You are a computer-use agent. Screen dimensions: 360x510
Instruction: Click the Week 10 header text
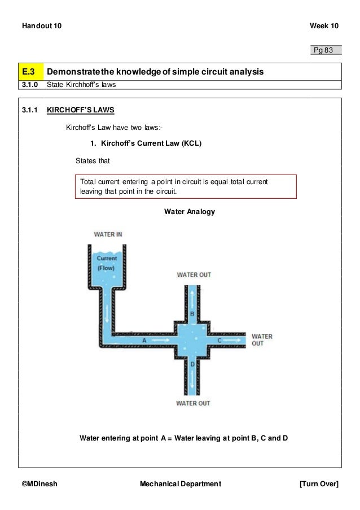click(324, 27)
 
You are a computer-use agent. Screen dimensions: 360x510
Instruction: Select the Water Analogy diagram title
click(189, 212)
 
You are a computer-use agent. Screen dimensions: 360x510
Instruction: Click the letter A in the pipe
click(144, 341)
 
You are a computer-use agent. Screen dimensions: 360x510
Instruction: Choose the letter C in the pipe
click(219, 341)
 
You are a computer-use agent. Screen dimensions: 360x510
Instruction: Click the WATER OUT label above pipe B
click(194, 274)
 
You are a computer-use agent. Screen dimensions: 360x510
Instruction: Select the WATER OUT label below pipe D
click(193, 403)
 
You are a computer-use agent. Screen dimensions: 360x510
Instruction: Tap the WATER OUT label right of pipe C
click(261, 339)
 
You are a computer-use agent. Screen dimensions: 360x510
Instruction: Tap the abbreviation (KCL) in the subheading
click(191, 143)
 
